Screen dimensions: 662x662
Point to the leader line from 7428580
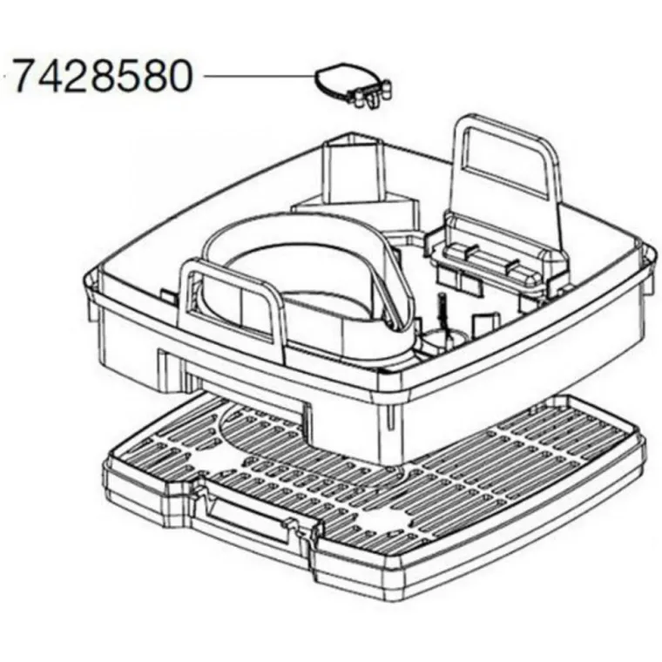point(259,77)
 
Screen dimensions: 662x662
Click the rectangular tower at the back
point(354,169)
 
